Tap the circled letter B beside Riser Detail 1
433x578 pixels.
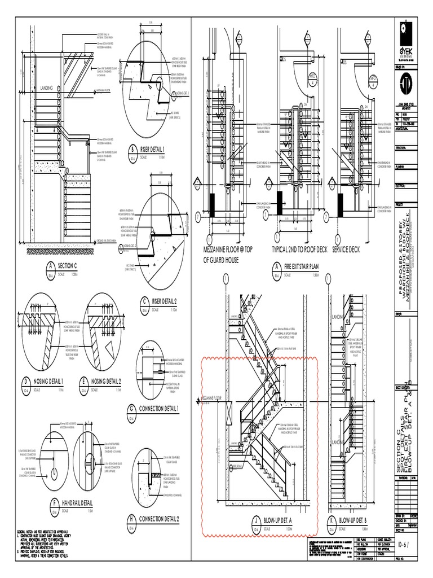[x=132, y=150]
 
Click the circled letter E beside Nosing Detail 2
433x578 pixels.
[x=84, y=382]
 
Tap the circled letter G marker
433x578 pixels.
[x=132, y=409]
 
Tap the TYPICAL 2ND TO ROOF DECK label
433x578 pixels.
[x=299, y=249]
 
